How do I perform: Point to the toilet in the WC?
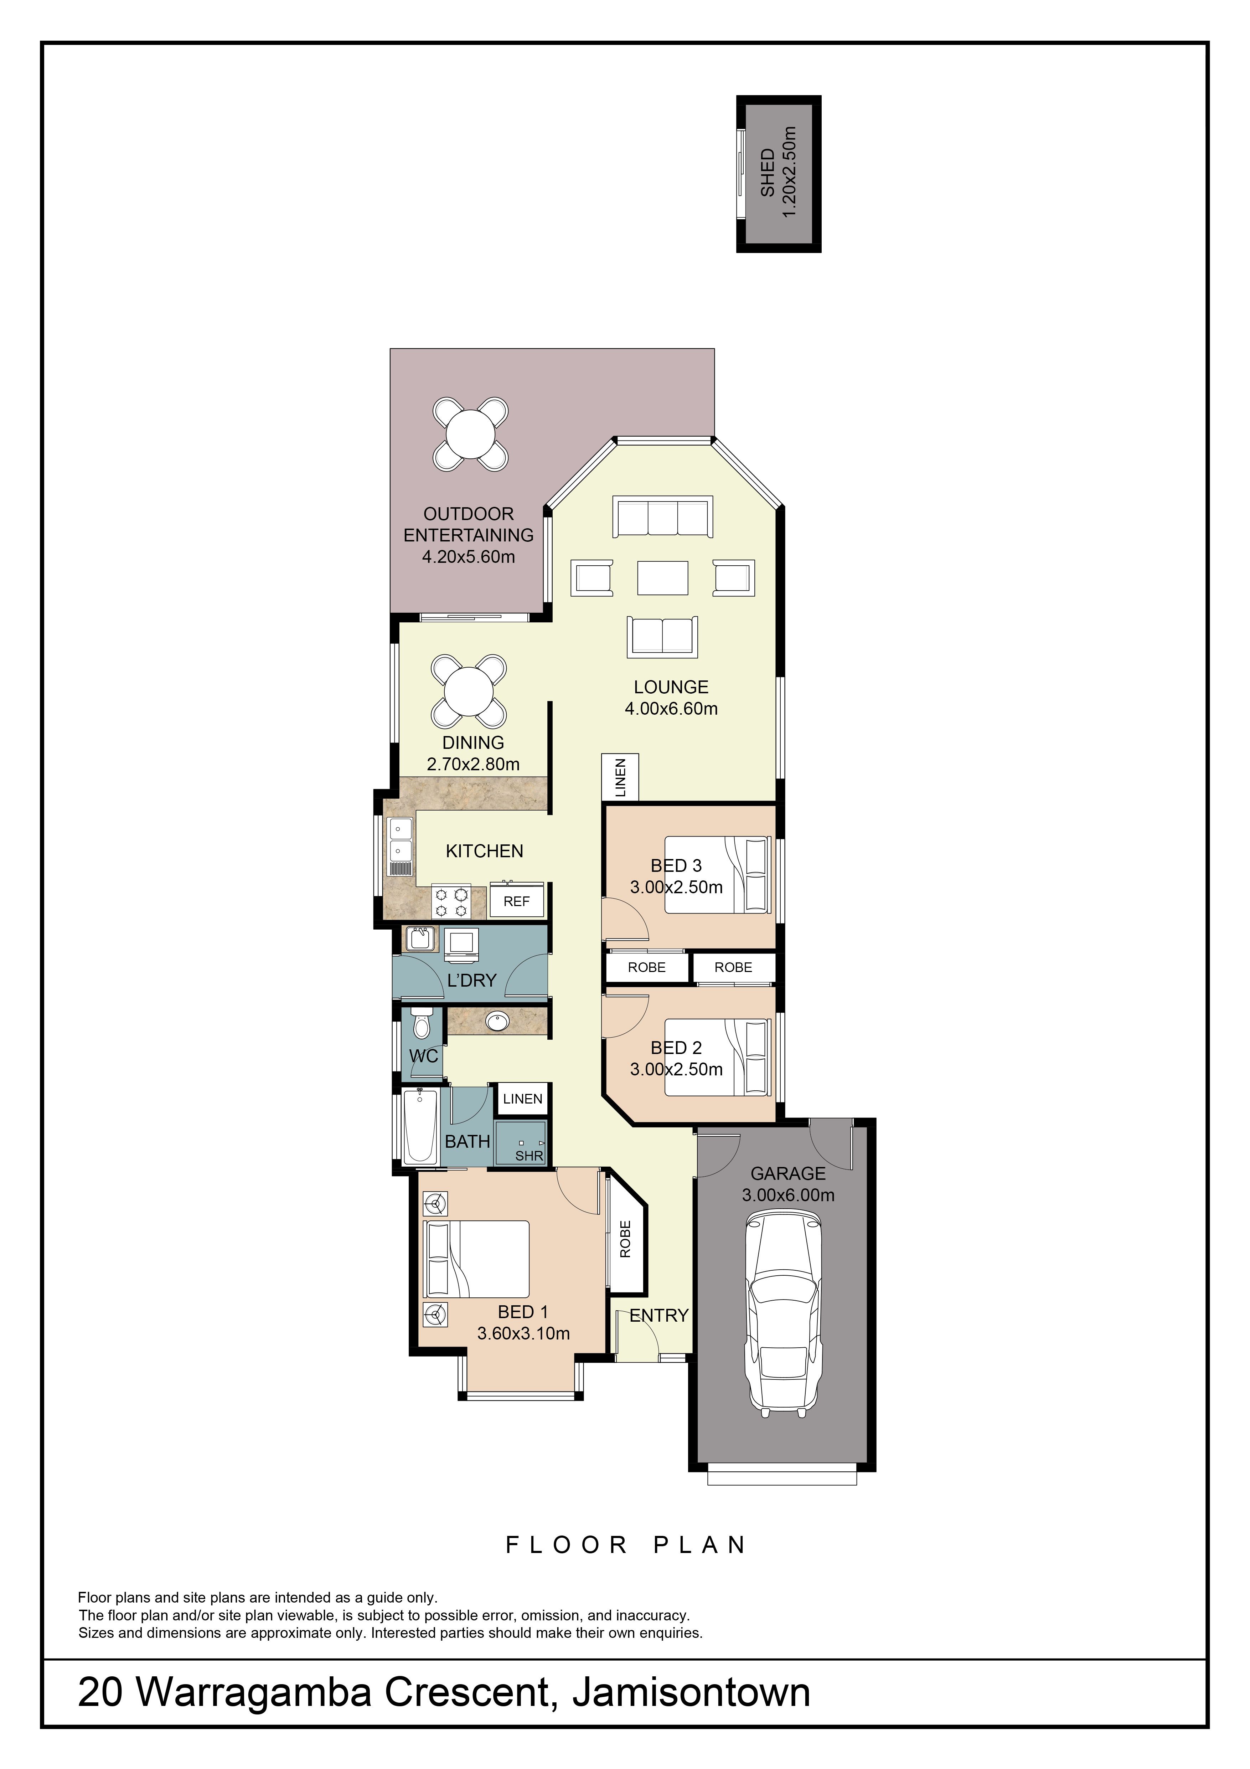[421, 1022]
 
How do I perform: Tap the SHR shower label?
[529, 1156]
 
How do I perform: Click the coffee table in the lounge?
[662, 577]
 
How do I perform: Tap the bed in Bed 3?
[717, 874]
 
